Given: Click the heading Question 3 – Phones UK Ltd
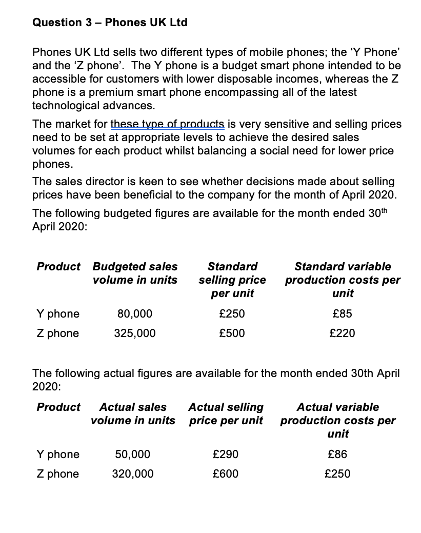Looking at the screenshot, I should [x=110, y=23].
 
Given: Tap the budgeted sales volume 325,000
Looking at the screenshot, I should [x=135, y=333].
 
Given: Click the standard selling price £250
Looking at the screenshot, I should [x=232, y=313].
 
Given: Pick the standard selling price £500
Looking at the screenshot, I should [x=232, y=333].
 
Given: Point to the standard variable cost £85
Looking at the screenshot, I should [x=343, y=313].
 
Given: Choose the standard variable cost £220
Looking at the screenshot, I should [x=343, y=333].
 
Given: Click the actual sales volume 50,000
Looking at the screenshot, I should [x=133, y=454].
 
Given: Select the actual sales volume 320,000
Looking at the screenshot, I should [x=133, y=474].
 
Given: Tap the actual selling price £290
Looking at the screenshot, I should [x=226, y=454].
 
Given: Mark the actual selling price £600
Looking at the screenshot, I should [x=226, y=474].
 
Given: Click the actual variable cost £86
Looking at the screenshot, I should [x=338, y=454].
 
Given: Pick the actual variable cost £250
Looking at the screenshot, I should [x=338, y=474].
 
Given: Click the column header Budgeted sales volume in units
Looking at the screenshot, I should [x=135, y=273].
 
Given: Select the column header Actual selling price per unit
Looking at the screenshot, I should [x=226, y=414].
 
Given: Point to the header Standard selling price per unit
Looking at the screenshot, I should [x=232, y=280].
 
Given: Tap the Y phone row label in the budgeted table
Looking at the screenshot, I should [x=58, y=313].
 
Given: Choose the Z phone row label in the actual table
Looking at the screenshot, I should [x=58, y=474].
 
